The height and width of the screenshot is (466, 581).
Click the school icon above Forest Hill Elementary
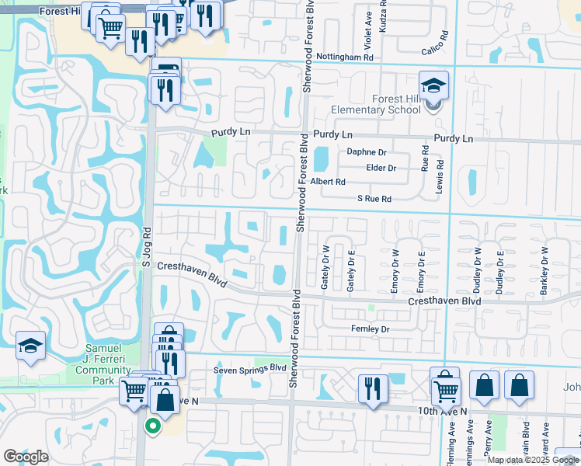[x=434, y=85]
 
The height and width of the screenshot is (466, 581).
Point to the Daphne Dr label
[x=367, y=152]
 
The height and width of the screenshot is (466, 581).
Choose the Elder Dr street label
[x=381, y=168]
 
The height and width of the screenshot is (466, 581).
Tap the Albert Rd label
[x=328, y=182]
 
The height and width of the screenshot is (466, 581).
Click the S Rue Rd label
[x=374, y=200]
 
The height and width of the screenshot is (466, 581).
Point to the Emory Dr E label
[x=420, y=269]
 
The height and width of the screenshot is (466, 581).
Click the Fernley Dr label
[x=369, y=329]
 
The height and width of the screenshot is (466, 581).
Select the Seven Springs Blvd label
[x=250, y=369]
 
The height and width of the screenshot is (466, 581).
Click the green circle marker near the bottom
[x=152, y=425]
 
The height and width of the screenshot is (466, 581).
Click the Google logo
[x=26, y=457]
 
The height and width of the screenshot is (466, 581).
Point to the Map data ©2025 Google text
[x=532, y=460]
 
